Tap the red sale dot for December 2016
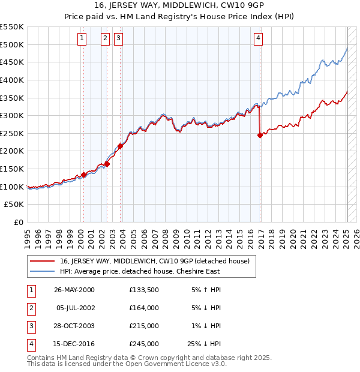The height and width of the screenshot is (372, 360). click(x=260, y=135)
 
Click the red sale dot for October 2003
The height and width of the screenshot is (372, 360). click(x=121, y=146)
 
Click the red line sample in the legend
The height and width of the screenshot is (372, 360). click(x=43, y=261)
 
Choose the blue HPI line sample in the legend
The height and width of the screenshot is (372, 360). click(x=43, y=271)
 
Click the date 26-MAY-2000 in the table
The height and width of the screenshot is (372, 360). click(x=74, y=290)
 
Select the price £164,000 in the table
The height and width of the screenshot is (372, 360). click(x=144, y=308)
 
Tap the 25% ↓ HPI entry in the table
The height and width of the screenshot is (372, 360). click(x=204, y=344)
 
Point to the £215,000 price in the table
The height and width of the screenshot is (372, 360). click(x=144, y=326)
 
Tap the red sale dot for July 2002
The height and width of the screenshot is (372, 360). click(x=107, y=164)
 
